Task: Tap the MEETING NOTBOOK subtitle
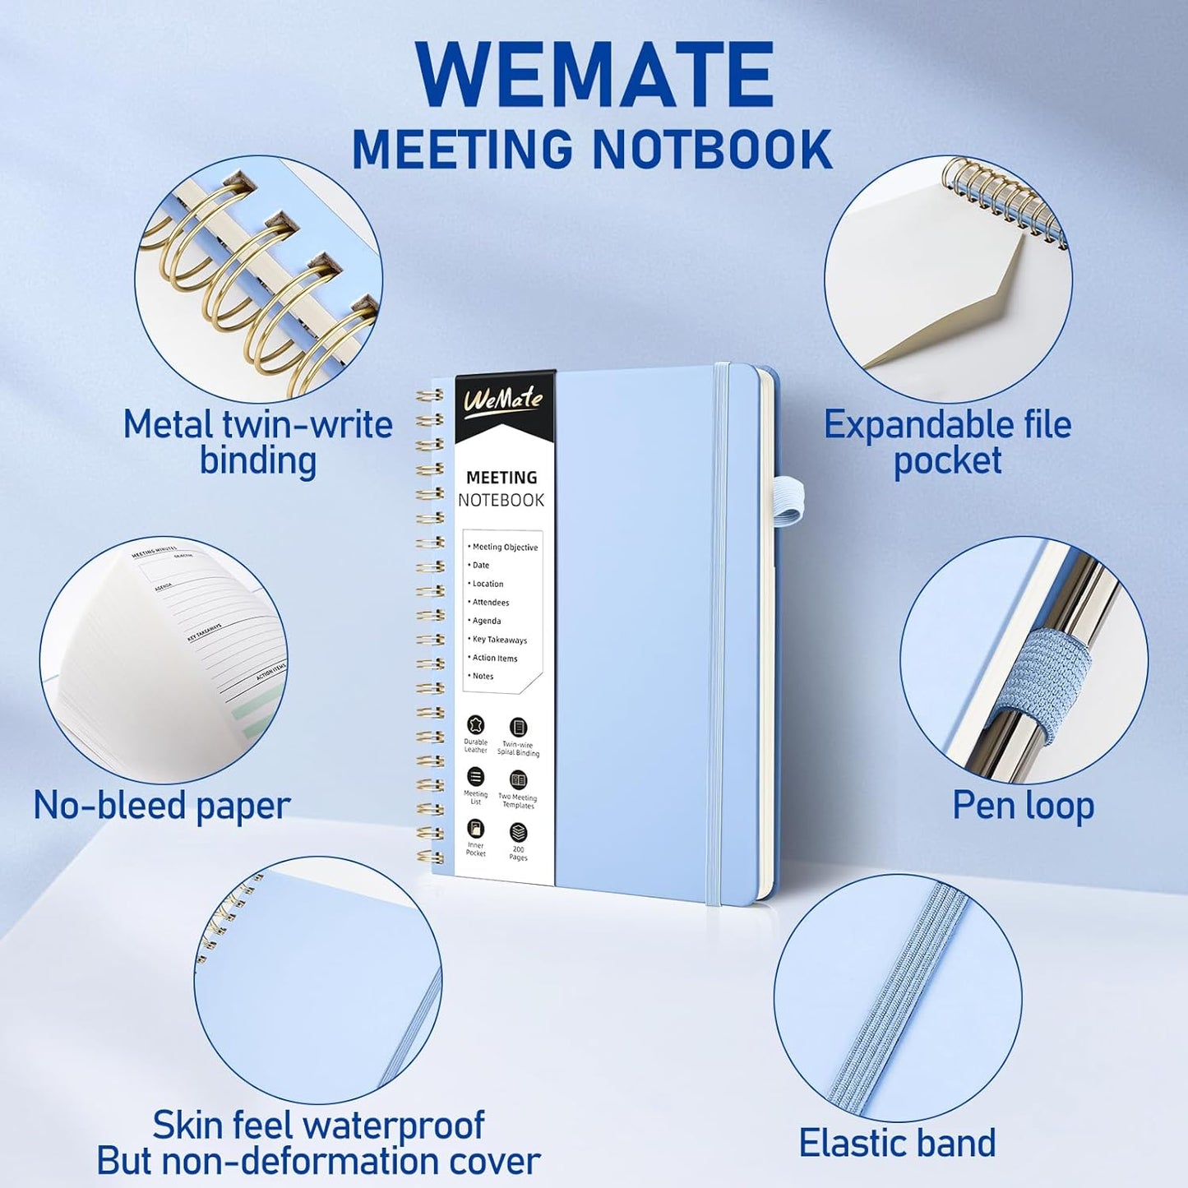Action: point(592,149)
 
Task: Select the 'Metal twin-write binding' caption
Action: point(258,442)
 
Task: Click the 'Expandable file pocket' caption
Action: point(947,442)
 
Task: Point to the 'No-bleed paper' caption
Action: point(162,806)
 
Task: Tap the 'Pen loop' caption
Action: point(1023,806)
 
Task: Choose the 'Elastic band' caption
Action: point(897,1143)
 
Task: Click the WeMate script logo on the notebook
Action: point(503,400)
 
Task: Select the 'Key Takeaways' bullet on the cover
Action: point(499,640)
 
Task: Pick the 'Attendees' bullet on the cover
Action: point(490,603)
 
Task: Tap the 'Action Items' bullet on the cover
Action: point(494,658)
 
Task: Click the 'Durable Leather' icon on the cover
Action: point(475,725)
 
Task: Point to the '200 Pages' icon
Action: point(518,833)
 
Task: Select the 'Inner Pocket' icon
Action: point(475,829)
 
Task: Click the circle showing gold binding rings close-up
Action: point(258,280)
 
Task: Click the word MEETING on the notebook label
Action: point(502,478)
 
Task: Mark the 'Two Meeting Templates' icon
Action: point(518,779)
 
